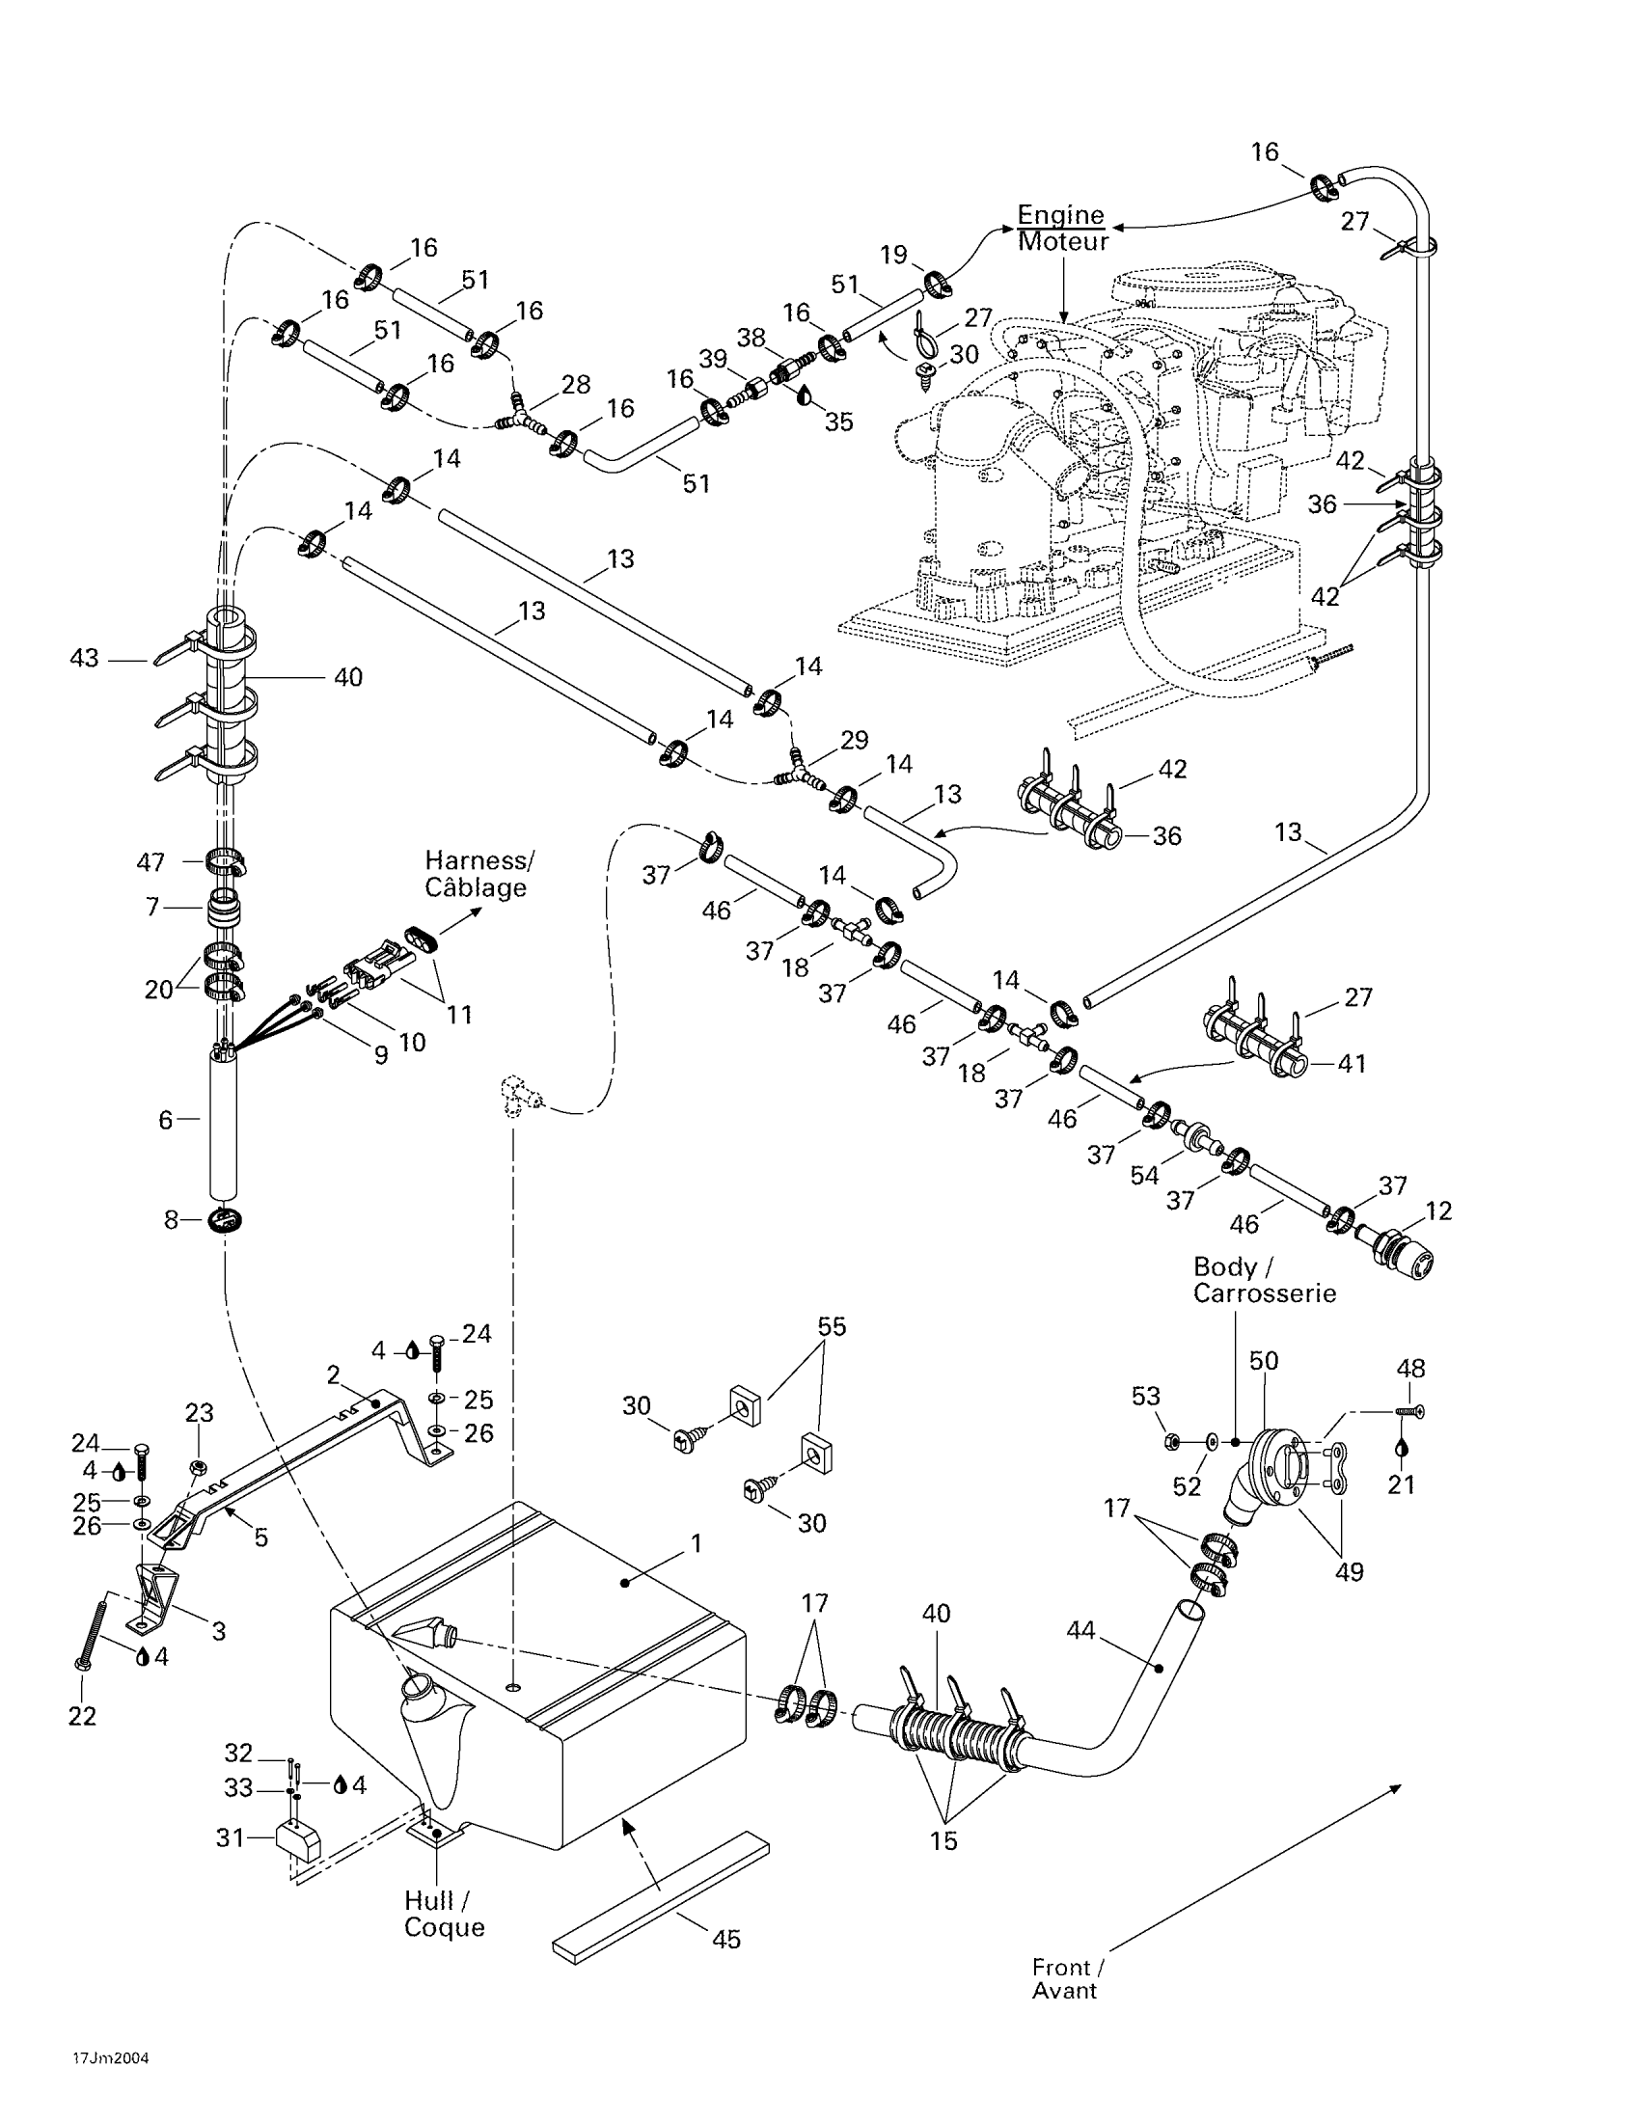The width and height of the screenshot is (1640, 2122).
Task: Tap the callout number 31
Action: click(x=231, y=1837)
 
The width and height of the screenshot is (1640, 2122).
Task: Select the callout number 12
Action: click(x=1438, y=1211)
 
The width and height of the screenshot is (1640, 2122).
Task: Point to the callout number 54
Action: click(x=1144, y=1176)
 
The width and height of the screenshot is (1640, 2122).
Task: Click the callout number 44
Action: click(x=1080, y=1630)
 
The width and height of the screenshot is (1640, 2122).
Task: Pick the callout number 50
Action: click(x=1263, y=1361)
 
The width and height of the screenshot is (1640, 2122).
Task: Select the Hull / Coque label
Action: click(x=444, y=1914)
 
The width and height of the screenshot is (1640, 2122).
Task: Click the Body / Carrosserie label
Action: click(x=1264, y=1280)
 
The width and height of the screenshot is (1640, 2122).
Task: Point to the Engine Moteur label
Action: click(x=1062, y=229)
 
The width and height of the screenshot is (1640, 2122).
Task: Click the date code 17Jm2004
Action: click(x=111, y=2059)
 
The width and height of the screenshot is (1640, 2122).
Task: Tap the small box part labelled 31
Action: click(x=299, y=1840)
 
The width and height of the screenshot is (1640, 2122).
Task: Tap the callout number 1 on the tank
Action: click(x=696, y=1543)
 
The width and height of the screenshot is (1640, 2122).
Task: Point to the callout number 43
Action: click(x=85, y=658)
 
